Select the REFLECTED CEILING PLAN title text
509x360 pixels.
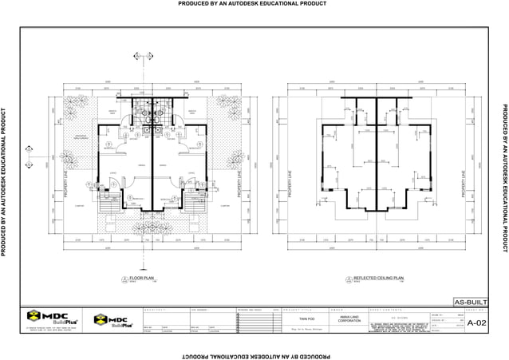(x=379, y=278)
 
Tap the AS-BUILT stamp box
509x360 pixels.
(x=469, y=303)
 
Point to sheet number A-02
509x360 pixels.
(x=476, y=322)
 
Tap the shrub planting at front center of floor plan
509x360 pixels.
(x=152, y=228)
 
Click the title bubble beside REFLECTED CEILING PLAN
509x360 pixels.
(x=349, y=279)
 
